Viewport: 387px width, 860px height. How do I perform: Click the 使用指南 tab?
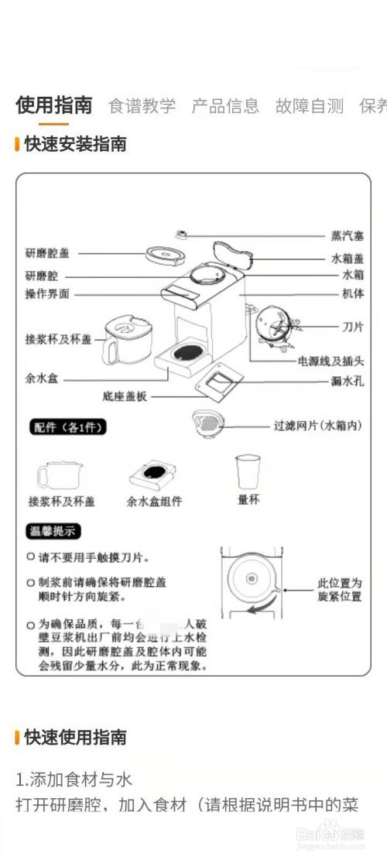pyautogui.click(x=53, y=105)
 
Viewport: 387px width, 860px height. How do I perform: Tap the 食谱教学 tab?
pyautogui.click(x=142, y=106)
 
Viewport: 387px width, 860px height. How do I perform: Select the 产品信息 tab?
pyautogui.click(x=225, y=106)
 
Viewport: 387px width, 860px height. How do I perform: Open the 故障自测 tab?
pyautogui.click(x=309, y=106)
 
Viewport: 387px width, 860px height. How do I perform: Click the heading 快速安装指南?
pyautogui.click(x=75, y=144)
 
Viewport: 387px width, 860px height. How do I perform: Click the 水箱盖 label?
pyautogui.click(x=348, y=259)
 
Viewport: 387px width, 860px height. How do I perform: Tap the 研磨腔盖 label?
pyautogui.click(x=47, y=252)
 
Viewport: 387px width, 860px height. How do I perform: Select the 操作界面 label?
pyautogui.click(x=47, y=294)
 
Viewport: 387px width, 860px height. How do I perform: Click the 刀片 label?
pyautogui.click(x=353, y=327)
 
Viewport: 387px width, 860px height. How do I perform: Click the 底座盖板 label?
pyautogui.click(x=124, y=396)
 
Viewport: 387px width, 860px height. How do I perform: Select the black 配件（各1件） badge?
pyautogui.click(x=68, y=428)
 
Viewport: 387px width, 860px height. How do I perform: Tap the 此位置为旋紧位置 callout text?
pyautogui.click(x=340, y=590)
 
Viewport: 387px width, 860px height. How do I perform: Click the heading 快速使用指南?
pyautogui.click(x=75, y=737)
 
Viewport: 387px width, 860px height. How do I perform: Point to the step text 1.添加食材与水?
pyautogui.click(x=75, y=778)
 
